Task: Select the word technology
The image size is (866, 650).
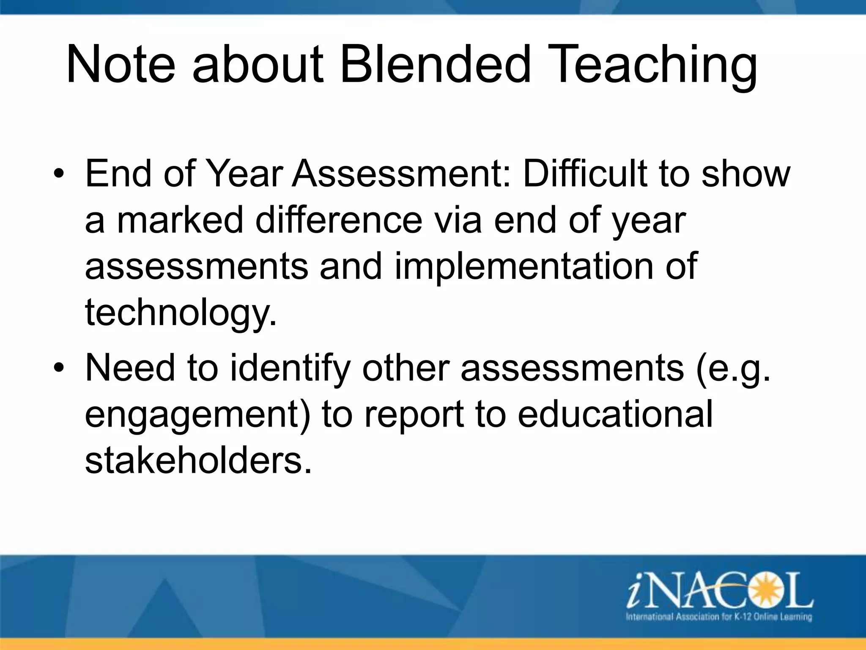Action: pyautogui.click(x=181, y=314)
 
